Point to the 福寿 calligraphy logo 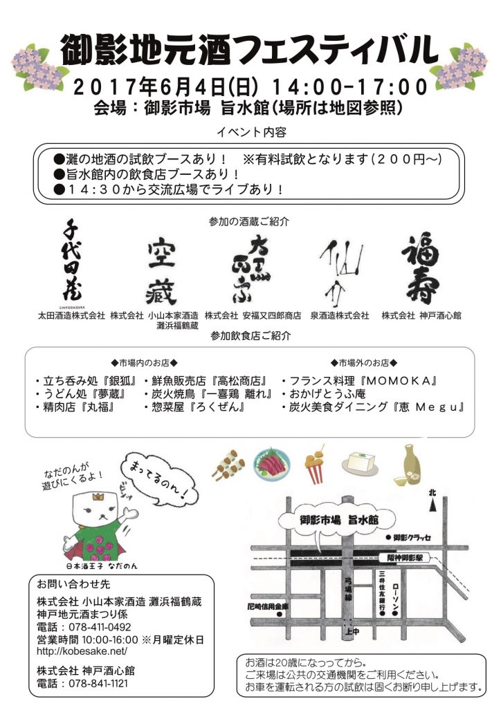click(421, 269)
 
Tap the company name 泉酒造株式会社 click(339, 315)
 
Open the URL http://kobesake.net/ click(82, 651)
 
